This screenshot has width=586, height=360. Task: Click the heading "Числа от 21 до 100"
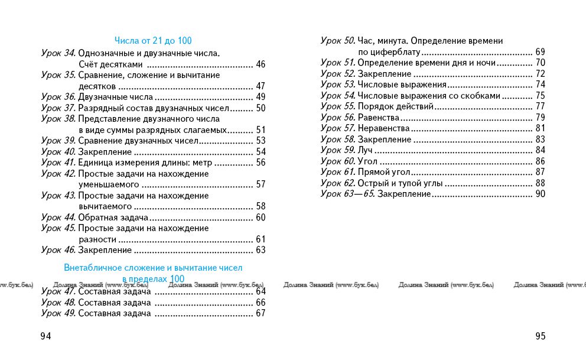tap(153, 41)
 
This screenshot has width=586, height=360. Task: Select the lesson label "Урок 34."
tap(58, 53)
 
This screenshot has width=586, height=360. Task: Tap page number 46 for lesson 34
tap(261, 64)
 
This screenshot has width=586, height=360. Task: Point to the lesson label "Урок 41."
tap(58, 163)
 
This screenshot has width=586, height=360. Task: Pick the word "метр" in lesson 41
tap(200, 163)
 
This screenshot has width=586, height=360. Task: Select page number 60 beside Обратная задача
tap(261, 218)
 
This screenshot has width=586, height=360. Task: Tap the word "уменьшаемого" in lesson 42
tap(105, 184)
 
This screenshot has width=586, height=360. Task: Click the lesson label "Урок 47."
tap(58, 291)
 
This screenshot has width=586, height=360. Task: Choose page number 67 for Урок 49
tap(261, 313)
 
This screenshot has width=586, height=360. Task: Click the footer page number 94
tap(45, 336)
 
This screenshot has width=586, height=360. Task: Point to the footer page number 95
tap(541, 336)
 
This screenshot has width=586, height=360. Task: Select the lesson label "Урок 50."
tap(338, 41)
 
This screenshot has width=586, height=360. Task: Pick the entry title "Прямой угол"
tap(384, 172)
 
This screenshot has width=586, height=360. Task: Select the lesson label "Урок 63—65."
tap(347, 194)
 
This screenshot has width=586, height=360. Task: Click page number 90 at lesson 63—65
tap(540, 194)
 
